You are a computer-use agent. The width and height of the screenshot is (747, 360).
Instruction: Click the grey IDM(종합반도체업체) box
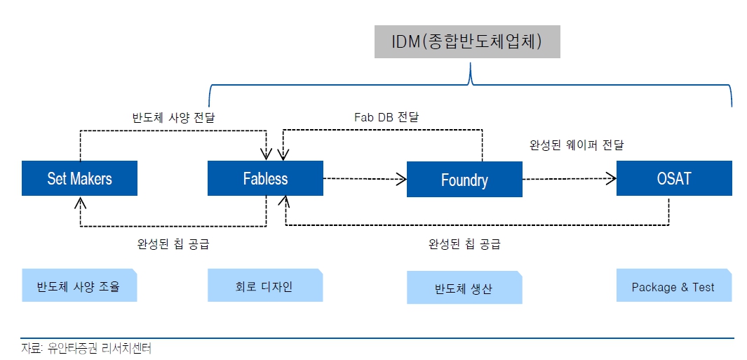(x=466, y=42)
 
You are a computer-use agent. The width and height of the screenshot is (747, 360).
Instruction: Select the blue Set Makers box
(x=79, y=178)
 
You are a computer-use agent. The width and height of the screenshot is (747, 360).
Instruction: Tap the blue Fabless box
(x=265, y=178)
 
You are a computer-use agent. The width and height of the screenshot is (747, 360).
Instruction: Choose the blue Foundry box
(x=464, y=180)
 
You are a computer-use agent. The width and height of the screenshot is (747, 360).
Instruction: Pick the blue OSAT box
(x=673, y=178)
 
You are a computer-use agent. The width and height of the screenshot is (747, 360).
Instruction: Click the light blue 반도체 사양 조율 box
(x=79, y=286)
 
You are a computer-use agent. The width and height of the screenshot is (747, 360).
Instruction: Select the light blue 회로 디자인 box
(x=265, y=286)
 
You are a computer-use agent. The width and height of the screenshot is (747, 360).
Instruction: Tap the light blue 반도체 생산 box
(x=464, y=288)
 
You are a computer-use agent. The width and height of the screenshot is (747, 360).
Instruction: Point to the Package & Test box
(x=673, y=286)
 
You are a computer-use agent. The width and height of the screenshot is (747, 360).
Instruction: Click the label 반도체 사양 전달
(x=173, y=116)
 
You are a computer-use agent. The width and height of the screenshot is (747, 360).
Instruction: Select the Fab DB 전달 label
(x=386, y=116)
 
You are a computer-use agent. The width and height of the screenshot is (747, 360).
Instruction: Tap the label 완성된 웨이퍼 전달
(x=577, y=145)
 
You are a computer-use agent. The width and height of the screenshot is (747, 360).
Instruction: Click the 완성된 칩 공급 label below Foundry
(x=464, y=244)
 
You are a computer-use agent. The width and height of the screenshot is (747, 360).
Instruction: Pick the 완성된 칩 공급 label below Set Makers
(x=173, y=244)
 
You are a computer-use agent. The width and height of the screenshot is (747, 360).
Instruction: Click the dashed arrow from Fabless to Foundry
(x=365, y=179)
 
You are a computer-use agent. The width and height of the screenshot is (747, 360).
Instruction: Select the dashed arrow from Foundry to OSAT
(x=568, y=179)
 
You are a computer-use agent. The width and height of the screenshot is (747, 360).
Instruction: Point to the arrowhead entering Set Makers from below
(x=80, y=201)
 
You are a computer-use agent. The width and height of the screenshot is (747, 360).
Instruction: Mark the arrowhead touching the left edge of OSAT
(x=611, y=179)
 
